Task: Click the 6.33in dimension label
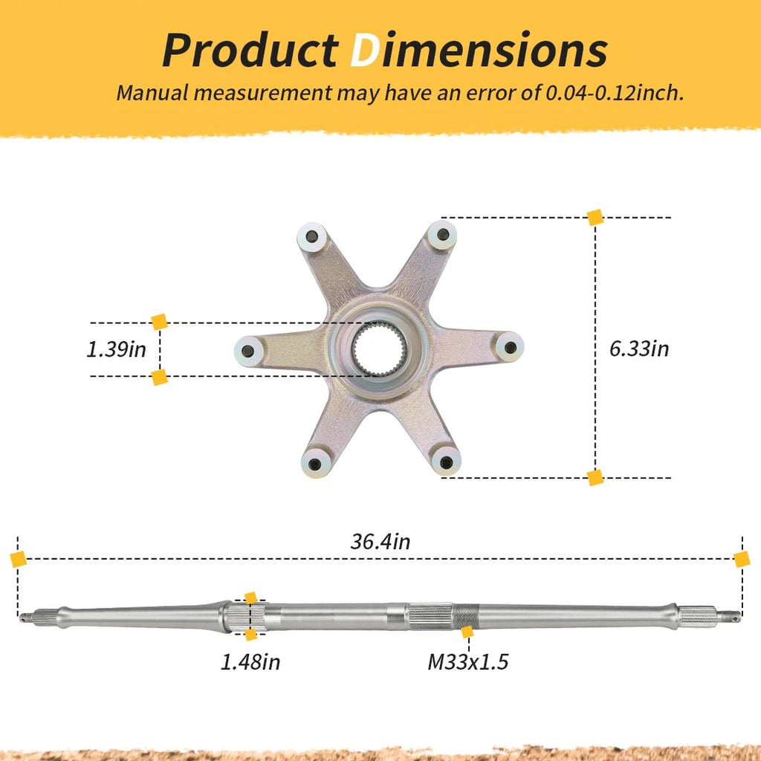click(638, 349)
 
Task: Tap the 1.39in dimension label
click(116, 349)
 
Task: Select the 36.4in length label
click(380, 541)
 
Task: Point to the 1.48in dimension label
click(250, 661)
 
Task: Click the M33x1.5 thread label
click(468, 661)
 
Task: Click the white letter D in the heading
click(364, 51)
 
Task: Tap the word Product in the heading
click(250, 50)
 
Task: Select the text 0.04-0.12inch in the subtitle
click(615, 92)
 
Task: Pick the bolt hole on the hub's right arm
click(510, 347)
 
